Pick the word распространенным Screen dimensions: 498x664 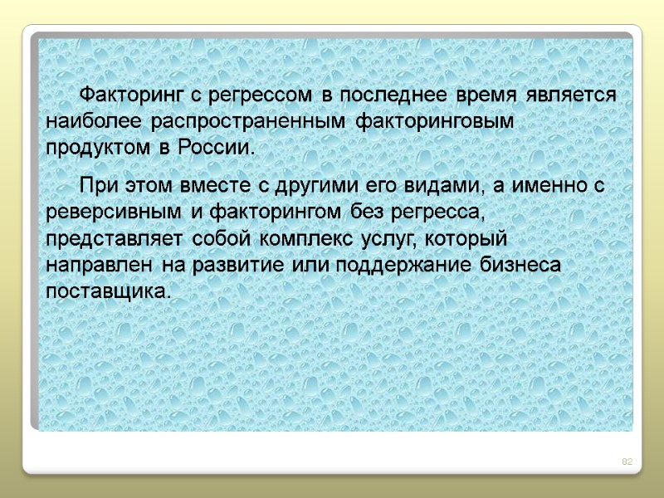pos(248,121)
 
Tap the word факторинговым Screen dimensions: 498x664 pos(436,121)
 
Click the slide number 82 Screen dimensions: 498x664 pos(627,461)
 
